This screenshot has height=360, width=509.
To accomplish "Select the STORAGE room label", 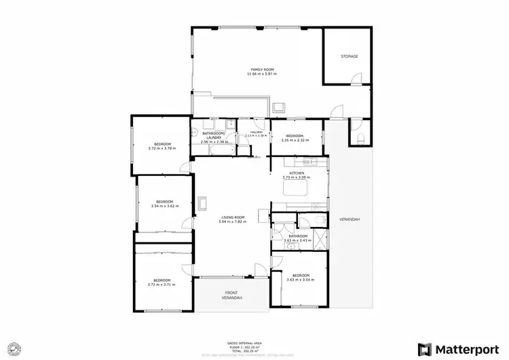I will (349, 56).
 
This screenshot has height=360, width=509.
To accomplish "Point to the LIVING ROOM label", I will (232, 217).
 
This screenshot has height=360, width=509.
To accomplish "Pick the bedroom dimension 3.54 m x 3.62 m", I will (165, 205).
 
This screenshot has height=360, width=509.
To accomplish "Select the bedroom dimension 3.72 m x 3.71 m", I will (162, 285).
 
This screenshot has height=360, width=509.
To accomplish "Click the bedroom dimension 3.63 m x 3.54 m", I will (300, 280).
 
